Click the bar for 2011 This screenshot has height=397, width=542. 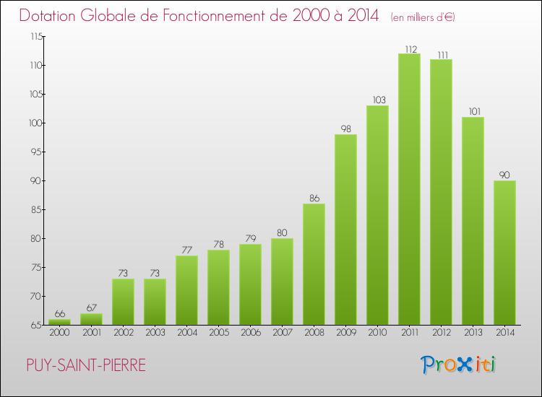tap(409, 189)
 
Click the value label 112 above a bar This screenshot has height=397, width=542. tap(409, 49)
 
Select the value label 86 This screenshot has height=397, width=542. tap(314, 198)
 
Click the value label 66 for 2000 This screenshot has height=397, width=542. tap(59, 314)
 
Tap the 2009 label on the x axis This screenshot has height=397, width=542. tap(345, 333)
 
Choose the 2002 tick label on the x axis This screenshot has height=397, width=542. tap(123, 333)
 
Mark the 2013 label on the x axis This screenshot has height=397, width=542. tap(473, 333)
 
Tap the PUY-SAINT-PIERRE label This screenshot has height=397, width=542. tap(85, 365)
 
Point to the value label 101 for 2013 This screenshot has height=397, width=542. tap(473, 112)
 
